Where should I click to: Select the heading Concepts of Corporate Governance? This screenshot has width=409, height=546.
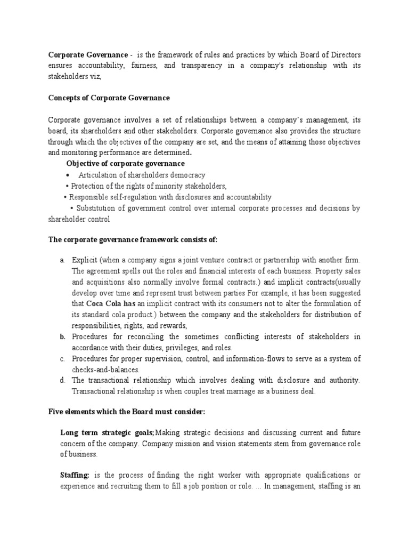109,98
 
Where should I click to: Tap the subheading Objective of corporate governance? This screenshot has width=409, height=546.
125,163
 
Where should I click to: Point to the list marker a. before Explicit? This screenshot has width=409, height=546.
62,260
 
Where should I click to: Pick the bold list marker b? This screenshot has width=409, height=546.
62,336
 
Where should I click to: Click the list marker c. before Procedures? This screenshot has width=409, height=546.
62,358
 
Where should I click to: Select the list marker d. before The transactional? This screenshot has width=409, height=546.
62,380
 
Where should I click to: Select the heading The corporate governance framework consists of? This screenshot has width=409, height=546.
133,240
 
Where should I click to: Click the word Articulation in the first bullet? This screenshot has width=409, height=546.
96,175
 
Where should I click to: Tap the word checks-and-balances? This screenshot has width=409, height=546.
106,370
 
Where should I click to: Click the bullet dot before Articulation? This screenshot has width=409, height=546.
68,175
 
